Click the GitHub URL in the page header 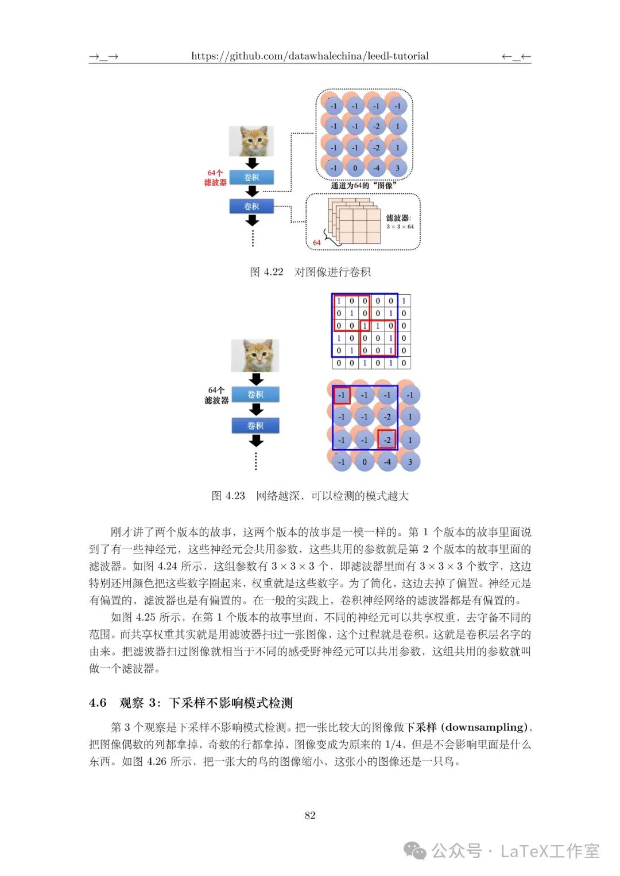[x=309, y=56]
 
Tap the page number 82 [x=310, y=815]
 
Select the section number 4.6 [x=98, y=703]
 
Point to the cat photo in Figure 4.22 [x=251, y=141]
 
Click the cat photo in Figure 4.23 [x=255, y=355]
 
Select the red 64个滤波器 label [x=215, y=178]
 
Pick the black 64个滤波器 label [x=216, y=395]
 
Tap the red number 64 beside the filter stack [x=316, y=243]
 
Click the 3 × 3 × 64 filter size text [x=400, y=227]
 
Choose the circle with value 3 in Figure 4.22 [x=397, y=168]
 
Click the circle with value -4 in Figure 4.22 [x=376, y=168]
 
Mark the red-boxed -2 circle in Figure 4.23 [x=387, y=439]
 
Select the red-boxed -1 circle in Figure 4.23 [x=342, y=395]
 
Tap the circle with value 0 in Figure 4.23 [x=365, y=461]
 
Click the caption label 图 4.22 [x=267, y=272]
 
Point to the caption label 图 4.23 [x=228, y=496]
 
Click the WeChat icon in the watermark [x=415, y=851]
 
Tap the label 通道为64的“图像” [x=363, y=185]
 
